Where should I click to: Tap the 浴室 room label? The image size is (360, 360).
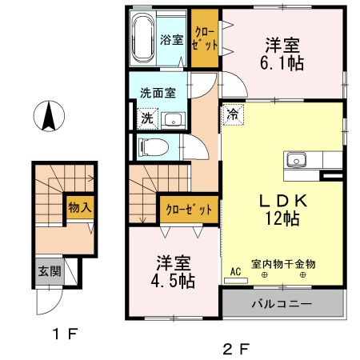(x=171, y=38)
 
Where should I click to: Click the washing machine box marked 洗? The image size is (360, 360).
(x=146, y=118)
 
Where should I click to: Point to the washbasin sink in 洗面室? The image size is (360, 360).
(x=171, y=120)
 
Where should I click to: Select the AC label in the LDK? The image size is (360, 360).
(x=236, y=270)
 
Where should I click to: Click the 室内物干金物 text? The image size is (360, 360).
(x=282, y=262)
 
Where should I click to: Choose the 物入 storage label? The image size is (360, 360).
(x=78, y=207)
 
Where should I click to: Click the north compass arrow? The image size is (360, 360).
(x=49, y=118)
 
